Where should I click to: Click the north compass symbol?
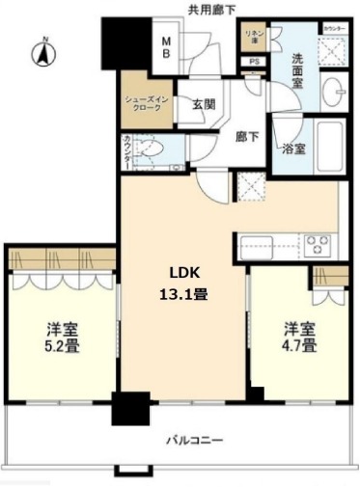click(x=42, y=53)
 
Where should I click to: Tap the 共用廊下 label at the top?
click(x=212, y=9)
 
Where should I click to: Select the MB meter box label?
click(x=166, y=48)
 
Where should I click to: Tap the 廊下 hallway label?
click(x=247, y=137)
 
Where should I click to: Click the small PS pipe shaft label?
click(x=255, y=63)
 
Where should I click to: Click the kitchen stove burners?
click(x=318, y=241)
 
